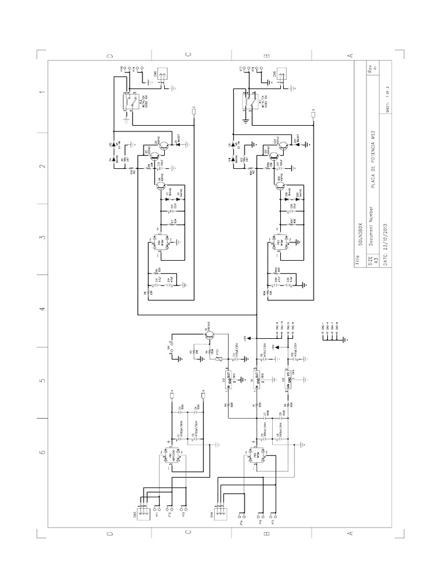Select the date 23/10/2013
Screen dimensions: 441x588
point(376,239)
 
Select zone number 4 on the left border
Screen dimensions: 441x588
point(42,310)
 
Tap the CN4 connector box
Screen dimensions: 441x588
point(219,511)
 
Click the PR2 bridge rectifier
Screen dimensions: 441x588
point(257,457)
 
